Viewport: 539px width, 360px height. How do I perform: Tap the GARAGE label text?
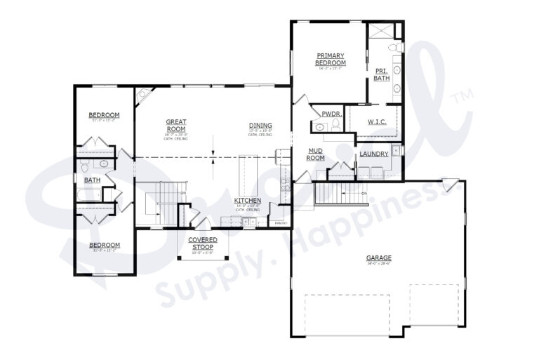[x=378, y=258]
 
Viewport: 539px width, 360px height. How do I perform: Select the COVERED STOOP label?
[x=203, y=243]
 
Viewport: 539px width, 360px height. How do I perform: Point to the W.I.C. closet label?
[x=378, y=122]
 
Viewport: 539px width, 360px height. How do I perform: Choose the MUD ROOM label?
[x=315, y=154]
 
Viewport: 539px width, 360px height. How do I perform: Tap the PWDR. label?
[x=331, y=114]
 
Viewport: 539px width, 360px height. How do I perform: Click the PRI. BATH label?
[x=381, y=74]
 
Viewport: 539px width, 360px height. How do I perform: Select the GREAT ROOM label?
[x=175, y=125]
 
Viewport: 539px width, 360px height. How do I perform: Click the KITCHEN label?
[x=248, y=201]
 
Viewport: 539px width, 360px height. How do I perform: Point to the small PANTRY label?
[x=281, y=222]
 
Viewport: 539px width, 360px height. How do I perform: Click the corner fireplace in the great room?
[x=142, y=93]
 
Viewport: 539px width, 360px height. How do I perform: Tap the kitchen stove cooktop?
[x=284, y=185]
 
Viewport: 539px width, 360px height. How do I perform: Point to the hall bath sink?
[x=103, y=164]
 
